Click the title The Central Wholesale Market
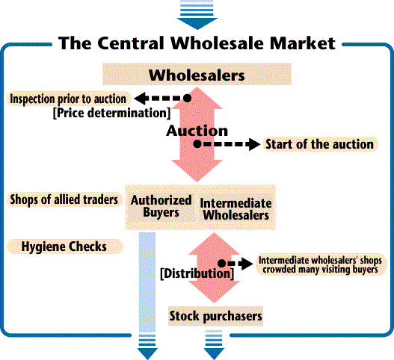point(197,43)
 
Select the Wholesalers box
point(197,74)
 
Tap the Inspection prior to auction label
point(69,99)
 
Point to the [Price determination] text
point(112,113)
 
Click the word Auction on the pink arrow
point(197,131)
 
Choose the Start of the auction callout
point(320,144)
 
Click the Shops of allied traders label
point(64,200)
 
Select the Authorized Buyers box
point(161,206)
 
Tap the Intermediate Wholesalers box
point(236,209)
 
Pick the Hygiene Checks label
point(65,246)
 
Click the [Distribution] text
point(197,273)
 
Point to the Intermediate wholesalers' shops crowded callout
point(321,264)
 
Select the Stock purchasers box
point(215,316)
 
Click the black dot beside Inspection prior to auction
point(187,98)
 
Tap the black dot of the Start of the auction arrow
point(197,144)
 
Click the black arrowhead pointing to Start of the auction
point(254,144)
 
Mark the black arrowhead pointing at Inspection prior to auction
point(141,99)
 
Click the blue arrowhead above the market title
point(197,24)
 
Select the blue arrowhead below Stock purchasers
point(214,353)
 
